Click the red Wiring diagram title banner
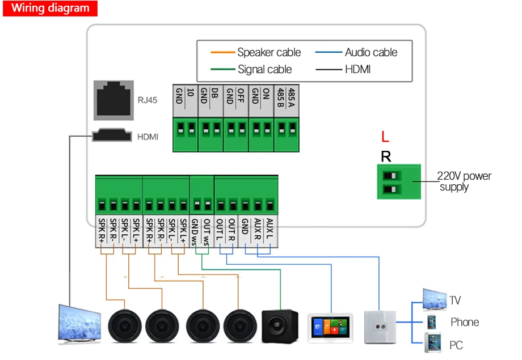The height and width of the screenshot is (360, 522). [50, 8]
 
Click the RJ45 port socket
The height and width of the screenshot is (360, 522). [113, 100]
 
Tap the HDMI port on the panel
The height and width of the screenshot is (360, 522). [112, 135]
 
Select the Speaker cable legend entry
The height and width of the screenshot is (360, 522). [256, 52]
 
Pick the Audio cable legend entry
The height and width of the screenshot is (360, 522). [356, 52]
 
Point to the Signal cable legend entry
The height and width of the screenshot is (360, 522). [251, 69]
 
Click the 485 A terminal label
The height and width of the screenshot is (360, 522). [292, 97]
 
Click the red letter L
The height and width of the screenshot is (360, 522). [385, 137]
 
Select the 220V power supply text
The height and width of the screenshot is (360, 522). [464, 181]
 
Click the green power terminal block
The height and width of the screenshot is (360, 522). [399, 181]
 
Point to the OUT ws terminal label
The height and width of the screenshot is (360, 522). [207, 232]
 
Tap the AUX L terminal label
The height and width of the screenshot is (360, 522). [270, 228]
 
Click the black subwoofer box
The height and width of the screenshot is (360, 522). [280, 326]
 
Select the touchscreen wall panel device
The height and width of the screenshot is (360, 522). [330, 328]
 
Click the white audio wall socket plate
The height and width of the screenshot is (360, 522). [380, 327]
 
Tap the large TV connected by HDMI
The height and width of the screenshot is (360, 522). [79, 324]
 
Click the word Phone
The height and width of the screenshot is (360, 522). [465, 322]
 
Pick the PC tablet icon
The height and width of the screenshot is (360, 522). [433, 342]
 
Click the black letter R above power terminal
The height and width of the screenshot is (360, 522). [386, 156]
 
